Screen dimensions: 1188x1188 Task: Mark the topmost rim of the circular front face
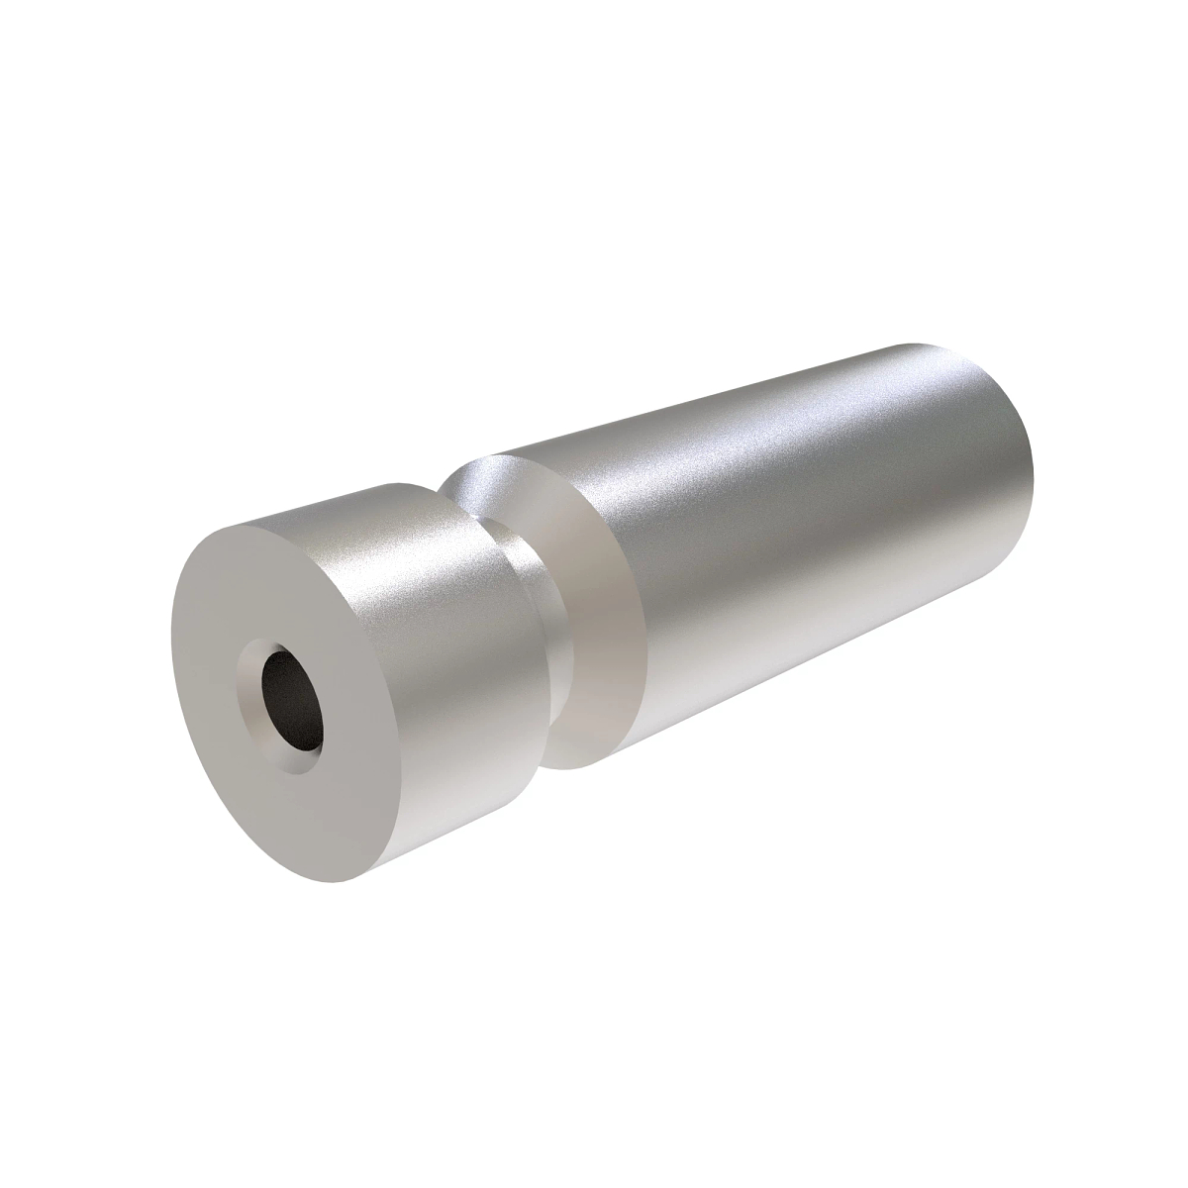coord(287,510)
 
